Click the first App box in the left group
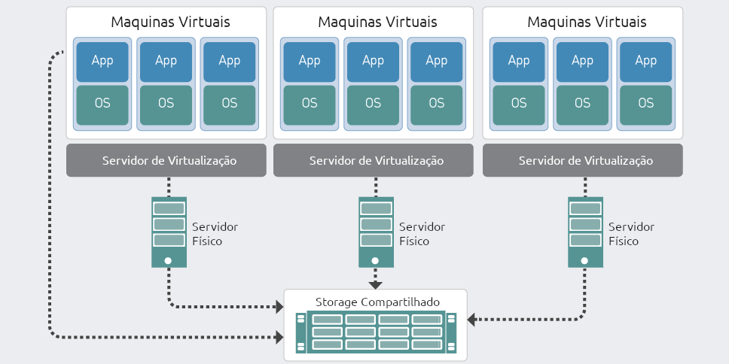(102, 61)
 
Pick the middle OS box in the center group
(373, 104)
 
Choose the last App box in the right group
(645, 61)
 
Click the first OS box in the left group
(102, 104)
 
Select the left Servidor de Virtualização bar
(166, 160)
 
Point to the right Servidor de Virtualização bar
(582, 160)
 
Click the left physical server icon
(168, 232)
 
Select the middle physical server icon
(375, 232)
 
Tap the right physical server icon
(584, 232)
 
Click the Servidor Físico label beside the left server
(215, 234)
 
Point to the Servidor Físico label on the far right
(631, 234)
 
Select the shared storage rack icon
(375, 331)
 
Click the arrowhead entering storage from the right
(472, 320)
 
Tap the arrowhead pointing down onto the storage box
(375, 285)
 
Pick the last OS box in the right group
(645, 104)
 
